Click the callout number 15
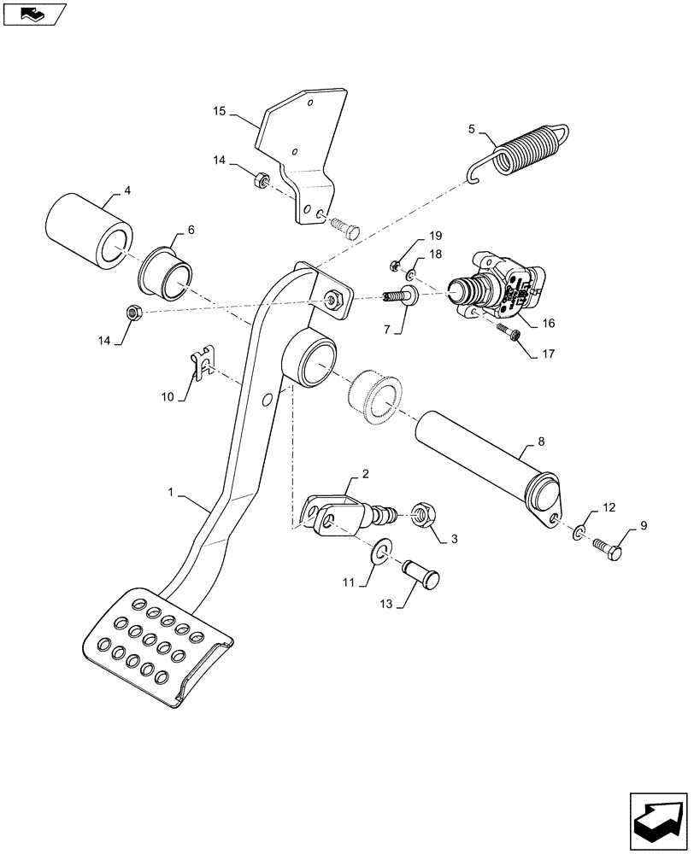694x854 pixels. point(219,111)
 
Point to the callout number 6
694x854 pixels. point(191,230)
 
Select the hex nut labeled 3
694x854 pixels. point(422,516)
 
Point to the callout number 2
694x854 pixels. point(364,473)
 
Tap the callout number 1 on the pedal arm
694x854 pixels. point(171,493)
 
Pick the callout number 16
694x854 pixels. point(546,324)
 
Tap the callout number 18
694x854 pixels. point(435,254)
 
